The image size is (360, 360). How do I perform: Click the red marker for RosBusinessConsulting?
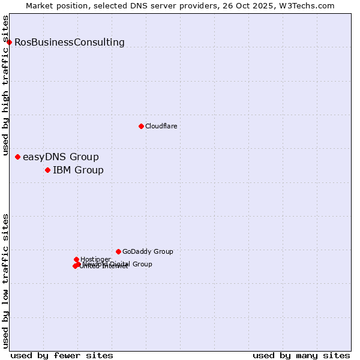tap(9, 42)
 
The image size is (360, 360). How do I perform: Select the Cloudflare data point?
tap(141, 126)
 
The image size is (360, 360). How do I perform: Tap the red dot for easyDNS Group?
tap(17, 157)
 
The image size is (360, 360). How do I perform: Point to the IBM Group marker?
tap(47, 170)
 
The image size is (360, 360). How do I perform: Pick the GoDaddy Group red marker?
tap(118, 251)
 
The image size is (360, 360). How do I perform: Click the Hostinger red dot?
tap(76, 259)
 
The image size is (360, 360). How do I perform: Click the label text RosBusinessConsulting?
tap(70, 42)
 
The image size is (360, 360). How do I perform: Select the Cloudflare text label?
tap(161, 126)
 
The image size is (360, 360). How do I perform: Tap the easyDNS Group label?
tap(61, 157)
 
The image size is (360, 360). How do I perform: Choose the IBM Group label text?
tap(78, 170)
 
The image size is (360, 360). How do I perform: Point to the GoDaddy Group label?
tap(148, 251)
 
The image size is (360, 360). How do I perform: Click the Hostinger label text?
tap(95, 259)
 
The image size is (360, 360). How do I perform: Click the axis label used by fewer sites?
tap(62, 355)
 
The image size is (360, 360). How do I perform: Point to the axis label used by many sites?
tap(301, 355)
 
